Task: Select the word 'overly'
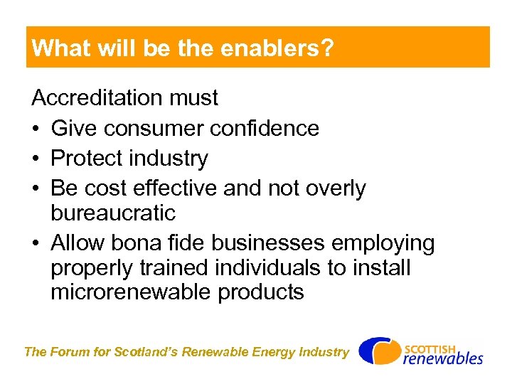click(332, 188)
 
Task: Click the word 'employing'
click(378, 244)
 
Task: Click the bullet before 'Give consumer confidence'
click(36, 129)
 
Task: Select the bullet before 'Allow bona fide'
click(36, 244)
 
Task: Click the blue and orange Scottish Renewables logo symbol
click(379, 351)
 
